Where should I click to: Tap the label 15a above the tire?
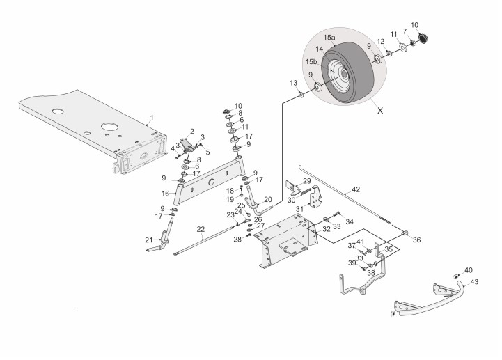tap(329, 37)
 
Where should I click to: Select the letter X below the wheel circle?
tap(379, 110)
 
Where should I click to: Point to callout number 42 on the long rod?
tap(356, 189)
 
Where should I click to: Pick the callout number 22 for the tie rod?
tap(201, 229)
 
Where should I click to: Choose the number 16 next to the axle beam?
tap(166, 192)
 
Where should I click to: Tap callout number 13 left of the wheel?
tap(293, 83)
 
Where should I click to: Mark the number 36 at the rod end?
tap(416, 240)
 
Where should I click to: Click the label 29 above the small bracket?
tap(307, 181)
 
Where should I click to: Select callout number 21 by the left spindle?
tap(148, 240)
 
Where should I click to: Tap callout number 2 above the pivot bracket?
tap(192, 131)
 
